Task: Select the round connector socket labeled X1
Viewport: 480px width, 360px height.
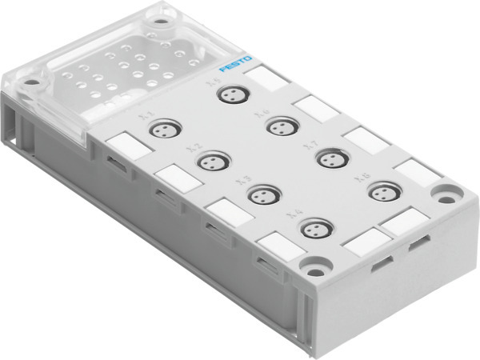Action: point(165,128)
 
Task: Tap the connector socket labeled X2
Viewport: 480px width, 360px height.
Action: point(211,162)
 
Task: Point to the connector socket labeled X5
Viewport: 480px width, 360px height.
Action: point(230,94)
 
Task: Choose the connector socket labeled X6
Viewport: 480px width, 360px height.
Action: point(279,126)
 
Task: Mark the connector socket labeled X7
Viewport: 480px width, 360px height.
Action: point(329,158)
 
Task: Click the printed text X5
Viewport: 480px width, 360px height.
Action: point(211,82)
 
